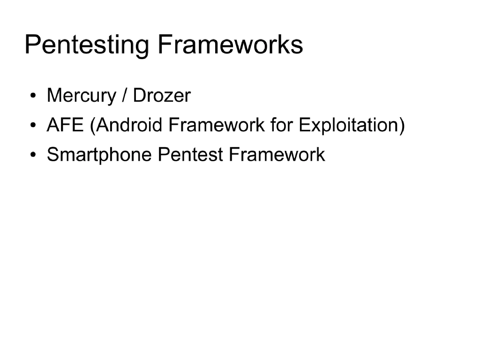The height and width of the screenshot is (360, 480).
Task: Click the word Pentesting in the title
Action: pyautogui.click(x=87, y=45)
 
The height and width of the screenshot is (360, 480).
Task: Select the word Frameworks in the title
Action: pyautogui.click(x=230, y=45)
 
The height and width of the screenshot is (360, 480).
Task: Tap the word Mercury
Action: pyautogui.click(x=81, y=96)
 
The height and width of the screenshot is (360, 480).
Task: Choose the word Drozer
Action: pyautogui.click(x=162, y=96)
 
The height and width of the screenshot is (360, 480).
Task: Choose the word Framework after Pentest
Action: pyautogui.click(x=277, y=155)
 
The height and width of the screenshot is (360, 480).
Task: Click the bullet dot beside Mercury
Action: pyautogui.click(x=33, y=97)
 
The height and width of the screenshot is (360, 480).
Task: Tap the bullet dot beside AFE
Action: pyautogui.click(x=33, y=126)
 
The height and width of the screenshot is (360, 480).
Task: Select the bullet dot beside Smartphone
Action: pyautogui.click(x=33, y=156)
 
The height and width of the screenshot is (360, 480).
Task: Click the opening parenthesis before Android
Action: pyautogui.click(x=93, y=126)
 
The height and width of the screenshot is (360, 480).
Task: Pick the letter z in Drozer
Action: pyautogui.click(x=167, y=97)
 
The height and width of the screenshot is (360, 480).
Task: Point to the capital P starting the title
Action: pyautogui.click(x=32, y=45)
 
